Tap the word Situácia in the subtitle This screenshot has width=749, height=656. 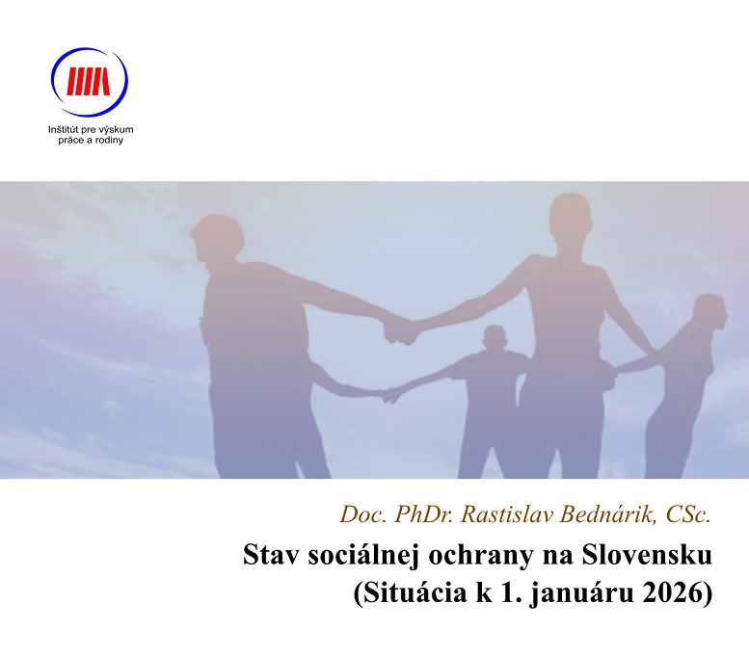click(408, 592)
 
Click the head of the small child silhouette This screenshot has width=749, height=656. click(495, 340)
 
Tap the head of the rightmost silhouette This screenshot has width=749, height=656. click(709, 311)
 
